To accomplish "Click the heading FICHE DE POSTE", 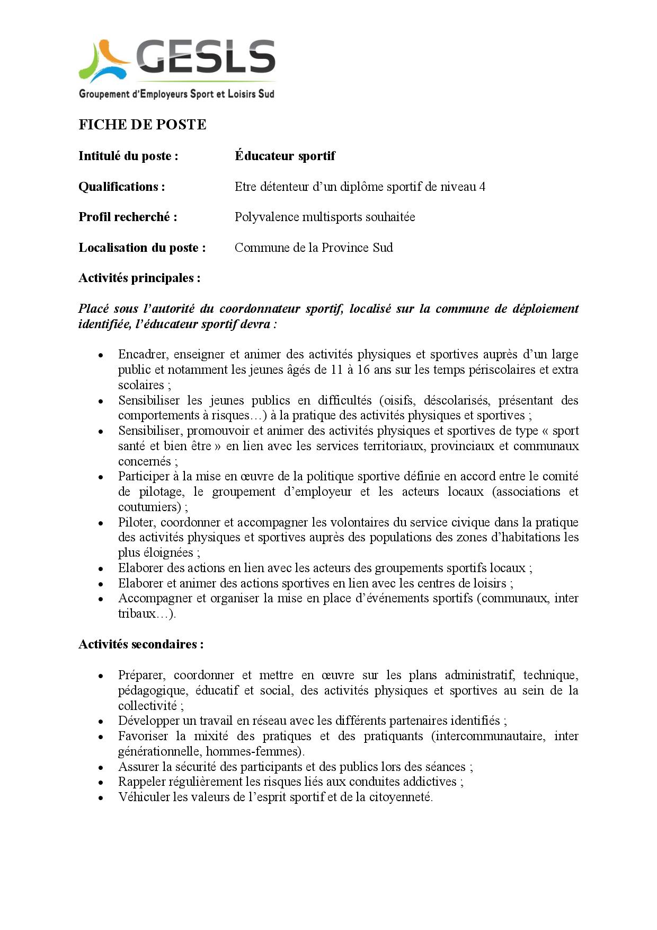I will coord(142,125).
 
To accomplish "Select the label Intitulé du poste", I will coord(128,156).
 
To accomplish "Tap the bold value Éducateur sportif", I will coord(285,156).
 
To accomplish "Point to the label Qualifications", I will coord(121,187).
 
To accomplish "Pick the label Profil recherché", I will coord(128,217).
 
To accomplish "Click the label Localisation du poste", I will coord(142,248).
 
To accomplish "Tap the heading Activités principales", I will coord(139,278).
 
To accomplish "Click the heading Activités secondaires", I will coord(141,644).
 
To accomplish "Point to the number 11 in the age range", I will coord(336,370).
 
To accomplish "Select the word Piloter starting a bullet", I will coord(135,522).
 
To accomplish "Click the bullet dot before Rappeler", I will coord(100,783).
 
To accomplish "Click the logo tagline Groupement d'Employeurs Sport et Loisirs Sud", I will coord(176,94).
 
